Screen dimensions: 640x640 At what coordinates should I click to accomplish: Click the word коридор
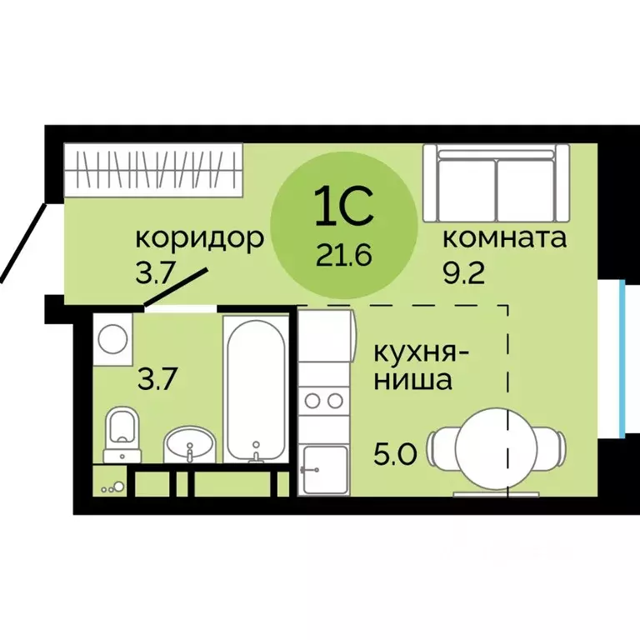199,239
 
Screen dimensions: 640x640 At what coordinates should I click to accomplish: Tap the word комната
504,238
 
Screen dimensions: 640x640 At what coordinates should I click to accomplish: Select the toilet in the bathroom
122,436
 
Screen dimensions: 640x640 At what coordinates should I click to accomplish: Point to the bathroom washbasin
190,443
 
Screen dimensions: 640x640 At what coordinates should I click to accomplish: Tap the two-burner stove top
322,401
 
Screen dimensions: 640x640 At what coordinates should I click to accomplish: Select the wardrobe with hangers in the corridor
153,169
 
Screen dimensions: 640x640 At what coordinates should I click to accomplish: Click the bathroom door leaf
176,288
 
